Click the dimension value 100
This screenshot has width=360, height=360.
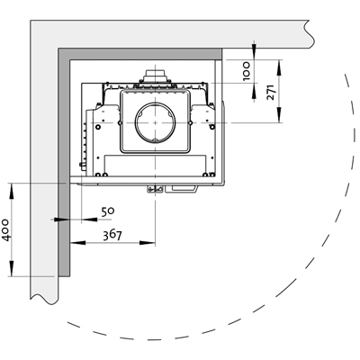coord(247,71)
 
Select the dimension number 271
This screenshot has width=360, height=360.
coord(270,93)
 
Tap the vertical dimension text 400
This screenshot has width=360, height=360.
coord(6,229)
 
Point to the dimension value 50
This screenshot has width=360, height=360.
coord(108,211)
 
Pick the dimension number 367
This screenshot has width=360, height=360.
coord(112,235)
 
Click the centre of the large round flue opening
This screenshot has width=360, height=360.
coord(155,122)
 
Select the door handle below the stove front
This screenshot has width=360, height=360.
coord(181,189)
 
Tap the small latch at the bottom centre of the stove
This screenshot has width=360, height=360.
coord(155,189)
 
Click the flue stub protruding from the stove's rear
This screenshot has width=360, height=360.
coord(155,76)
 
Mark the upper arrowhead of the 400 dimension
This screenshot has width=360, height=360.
coord(12,191)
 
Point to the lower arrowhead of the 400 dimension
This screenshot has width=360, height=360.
coord(12,268)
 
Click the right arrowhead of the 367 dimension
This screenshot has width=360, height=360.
coord(148,243)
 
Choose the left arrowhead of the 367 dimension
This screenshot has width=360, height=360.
coord(77,243)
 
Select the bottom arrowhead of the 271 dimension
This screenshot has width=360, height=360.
coord(279,115)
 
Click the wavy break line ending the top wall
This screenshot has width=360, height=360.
coord(309,34)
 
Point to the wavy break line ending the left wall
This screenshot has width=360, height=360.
coord(44,299)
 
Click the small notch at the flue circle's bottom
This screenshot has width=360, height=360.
coord(155,140)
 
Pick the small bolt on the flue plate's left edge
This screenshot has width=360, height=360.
coord(120,122)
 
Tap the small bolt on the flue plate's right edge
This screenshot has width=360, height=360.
coord(190,122)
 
